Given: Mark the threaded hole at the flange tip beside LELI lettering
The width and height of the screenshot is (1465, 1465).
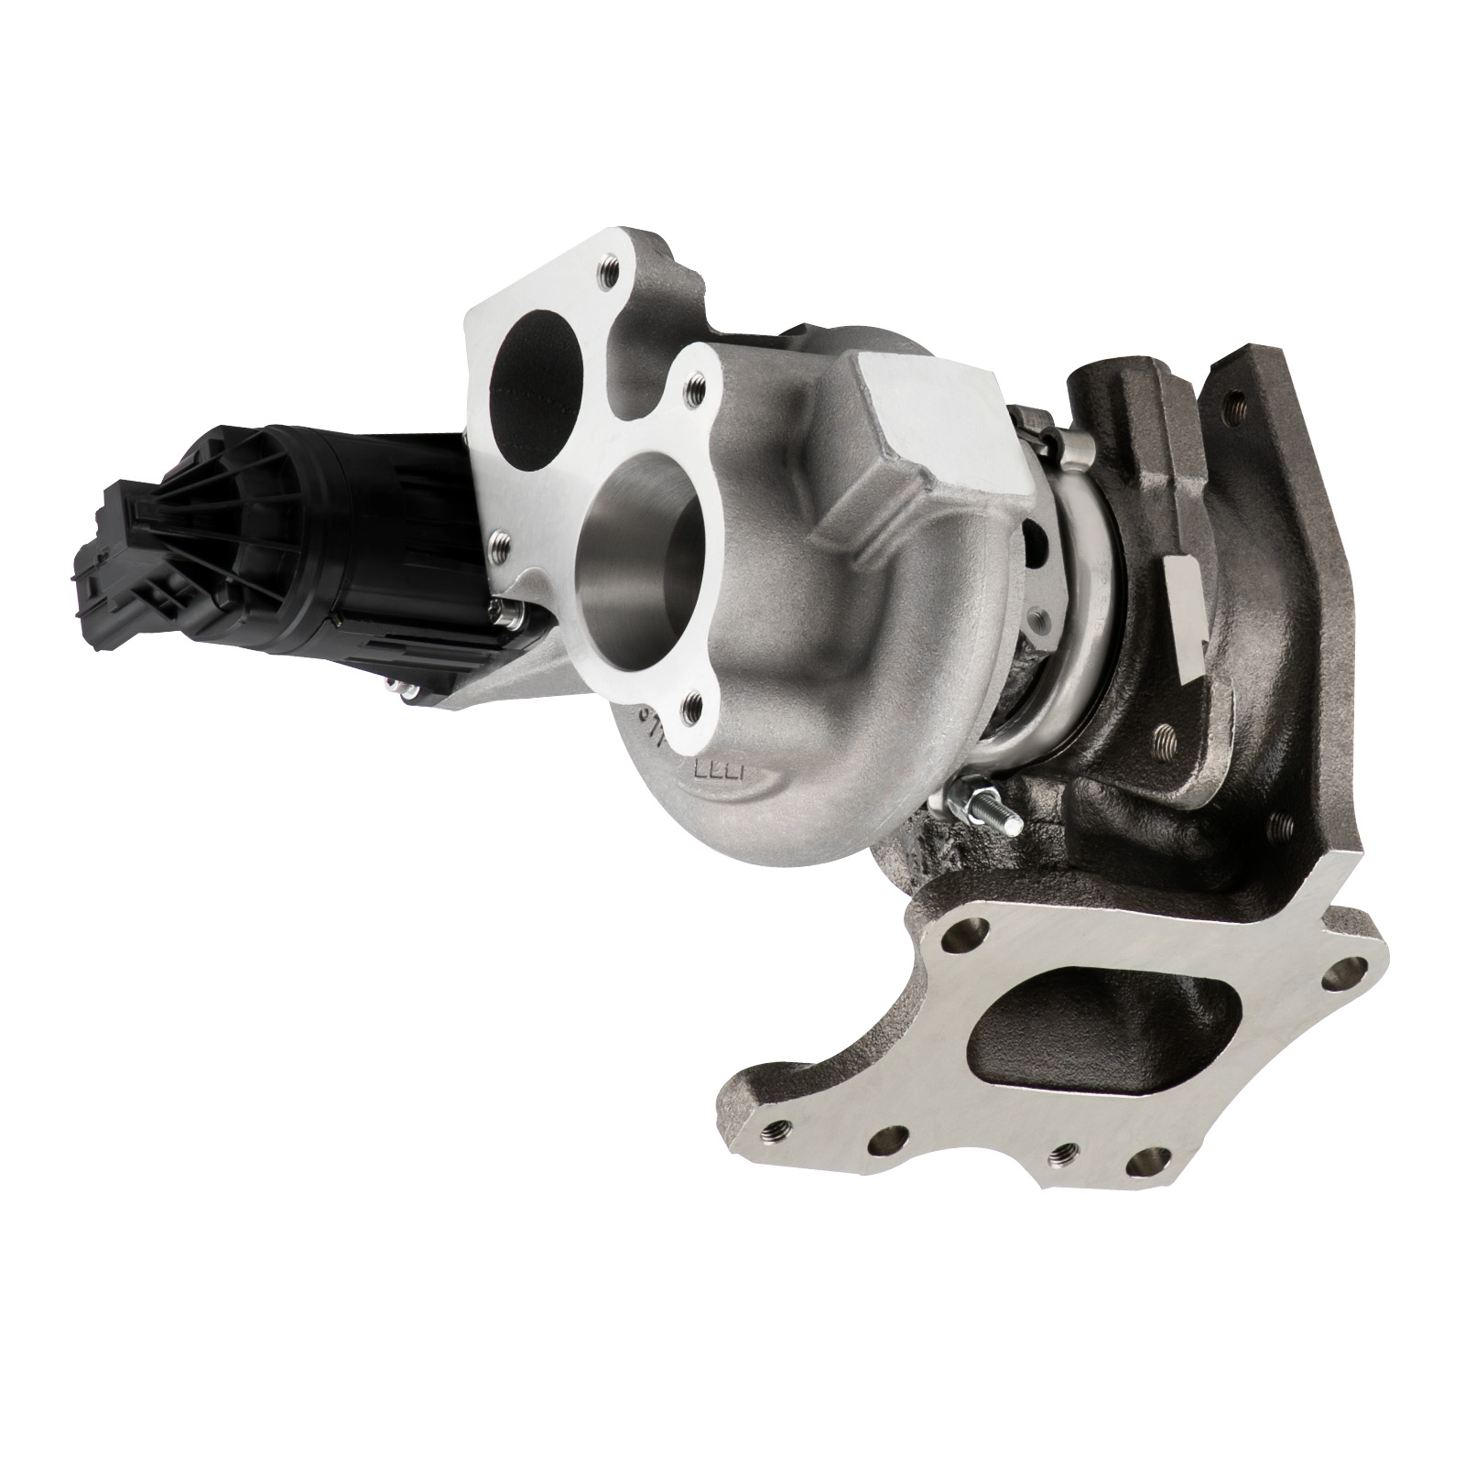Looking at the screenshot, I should pos(695,705).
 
